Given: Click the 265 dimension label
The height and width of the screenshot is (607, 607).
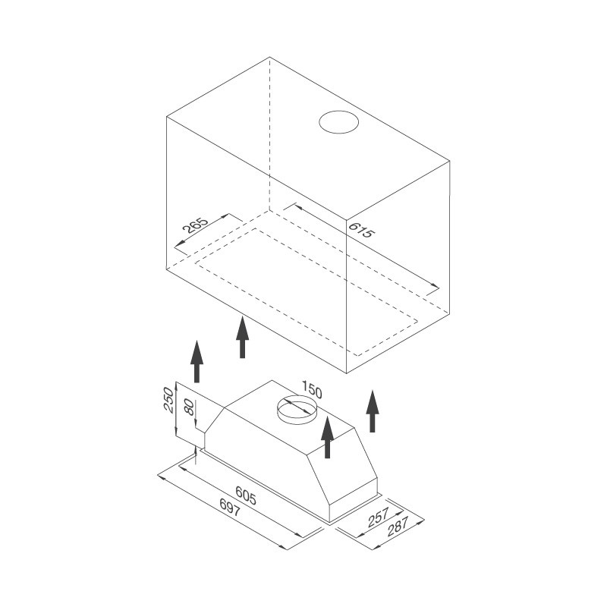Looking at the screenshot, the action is click(195, 225).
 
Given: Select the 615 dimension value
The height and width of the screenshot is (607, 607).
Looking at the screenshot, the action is click(362, 230).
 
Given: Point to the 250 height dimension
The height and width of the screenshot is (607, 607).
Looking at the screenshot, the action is click(168, 400).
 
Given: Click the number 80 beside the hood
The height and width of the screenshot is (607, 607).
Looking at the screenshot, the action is click(189, 407).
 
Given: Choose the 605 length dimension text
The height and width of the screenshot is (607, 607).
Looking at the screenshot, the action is click(246, 495).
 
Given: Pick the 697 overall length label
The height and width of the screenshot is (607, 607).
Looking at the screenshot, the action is click(230, 507).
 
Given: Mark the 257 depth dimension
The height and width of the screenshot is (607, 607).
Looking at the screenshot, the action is click(378, 518).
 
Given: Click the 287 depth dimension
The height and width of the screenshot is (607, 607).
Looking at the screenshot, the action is click(397, 527).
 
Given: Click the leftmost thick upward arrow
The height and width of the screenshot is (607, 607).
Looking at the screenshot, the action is click(197, 361).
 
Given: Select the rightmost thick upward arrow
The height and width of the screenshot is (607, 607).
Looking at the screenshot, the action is click(373, 410).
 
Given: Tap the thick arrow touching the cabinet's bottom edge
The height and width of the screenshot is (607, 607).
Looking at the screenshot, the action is click(243, 337).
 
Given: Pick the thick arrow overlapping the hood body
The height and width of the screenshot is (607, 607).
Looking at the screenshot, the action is click(328, 437).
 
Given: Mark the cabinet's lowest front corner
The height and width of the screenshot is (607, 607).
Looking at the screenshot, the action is click(347, 373).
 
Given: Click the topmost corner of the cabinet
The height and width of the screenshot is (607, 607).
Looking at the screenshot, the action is click(270, 57).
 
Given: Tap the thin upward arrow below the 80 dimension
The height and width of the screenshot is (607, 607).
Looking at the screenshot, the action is click(197, 455).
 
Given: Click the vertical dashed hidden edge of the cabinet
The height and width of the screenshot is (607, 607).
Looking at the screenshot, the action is click(270, 134).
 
